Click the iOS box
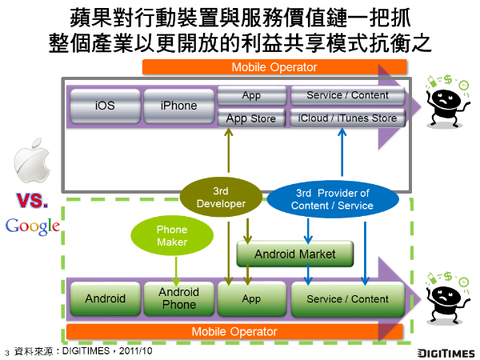point(105,106)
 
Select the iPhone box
point(178,106)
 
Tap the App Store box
point(251,119)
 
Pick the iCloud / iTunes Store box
point(347,119)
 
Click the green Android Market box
point(296,254)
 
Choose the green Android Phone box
point(178,298)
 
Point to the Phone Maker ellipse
point(172,235)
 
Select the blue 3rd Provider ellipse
point(332,199)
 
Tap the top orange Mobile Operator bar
point(274,67)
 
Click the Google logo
point(33,226)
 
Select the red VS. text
point(33,198)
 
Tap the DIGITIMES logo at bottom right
point(446,352)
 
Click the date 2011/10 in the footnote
point(136,351)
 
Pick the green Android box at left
point(105,298)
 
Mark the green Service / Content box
point(347,298)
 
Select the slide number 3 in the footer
point(6,352)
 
